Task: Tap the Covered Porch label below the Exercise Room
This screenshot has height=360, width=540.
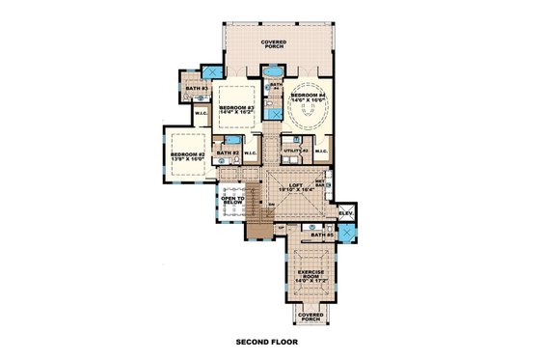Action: pyautogui.click(x=310, y=318)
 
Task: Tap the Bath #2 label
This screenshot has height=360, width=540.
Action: pyautogui.click(x=228, y=153)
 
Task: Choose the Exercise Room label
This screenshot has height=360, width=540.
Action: pyautogui.click(x=310, y=275)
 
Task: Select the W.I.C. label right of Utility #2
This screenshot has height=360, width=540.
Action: pyautogui.click(x=320, y=151)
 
